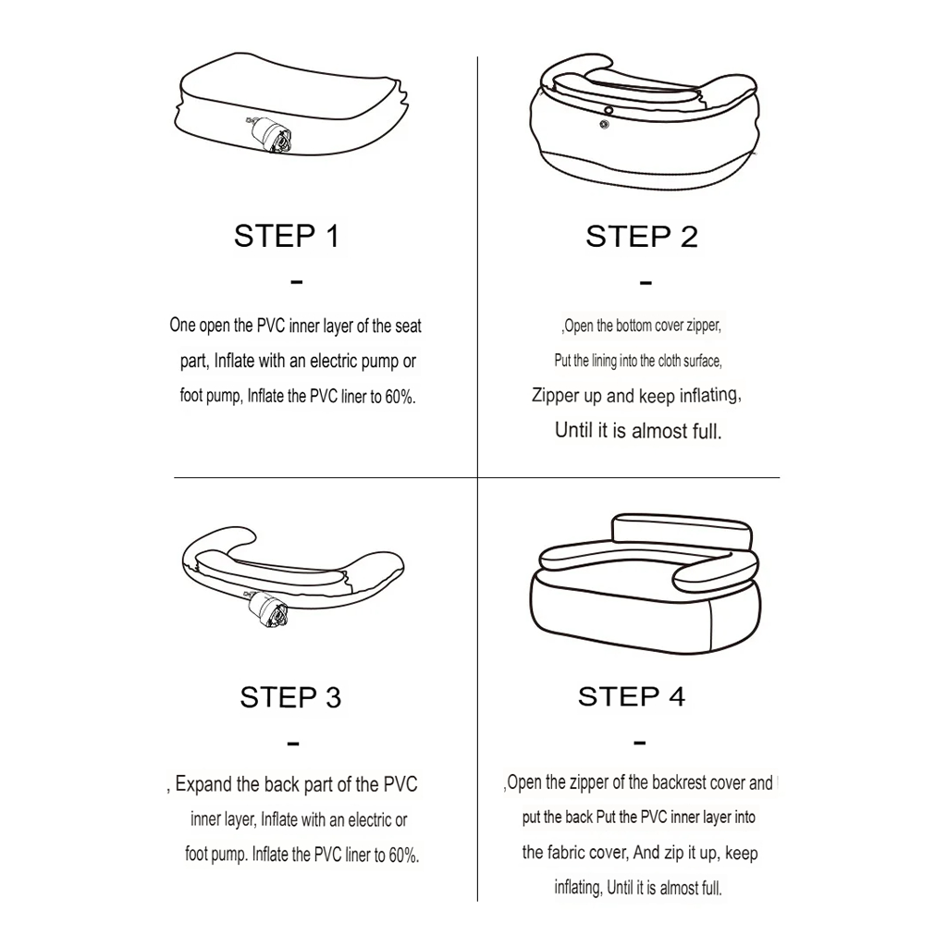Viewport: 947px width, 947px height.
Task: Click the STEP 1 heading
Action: click(287, 236)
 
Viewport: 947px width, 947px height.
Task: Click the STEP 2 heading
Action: click(642, 236)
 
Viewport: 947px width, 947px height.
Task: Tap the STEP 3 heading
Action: click(290, 697)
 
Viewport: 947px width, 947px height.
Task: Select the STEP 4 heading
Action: click(631, 696)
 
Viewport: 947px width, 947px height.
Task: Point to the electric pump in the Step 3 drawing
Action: click(269, 610)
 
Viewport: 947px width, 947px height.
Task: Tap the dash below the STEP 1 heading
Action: click(296, 281)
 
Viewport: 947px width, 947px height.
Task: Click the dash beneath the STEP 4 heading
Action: click(640, 742)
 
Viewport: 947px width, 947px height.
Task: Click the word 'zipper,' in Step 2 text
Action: click(704, 326)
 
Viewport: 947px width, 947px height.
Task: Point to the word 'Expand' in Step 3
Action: click(203, 784)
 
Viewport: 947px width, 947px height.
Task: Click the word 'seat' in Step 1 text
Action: click(408, 326)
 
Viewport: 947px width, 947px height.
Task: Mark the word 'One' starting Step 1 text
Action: click(182, 325)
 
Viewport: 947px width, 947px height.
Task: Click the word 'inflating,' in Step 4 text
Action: click(578, 888)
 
